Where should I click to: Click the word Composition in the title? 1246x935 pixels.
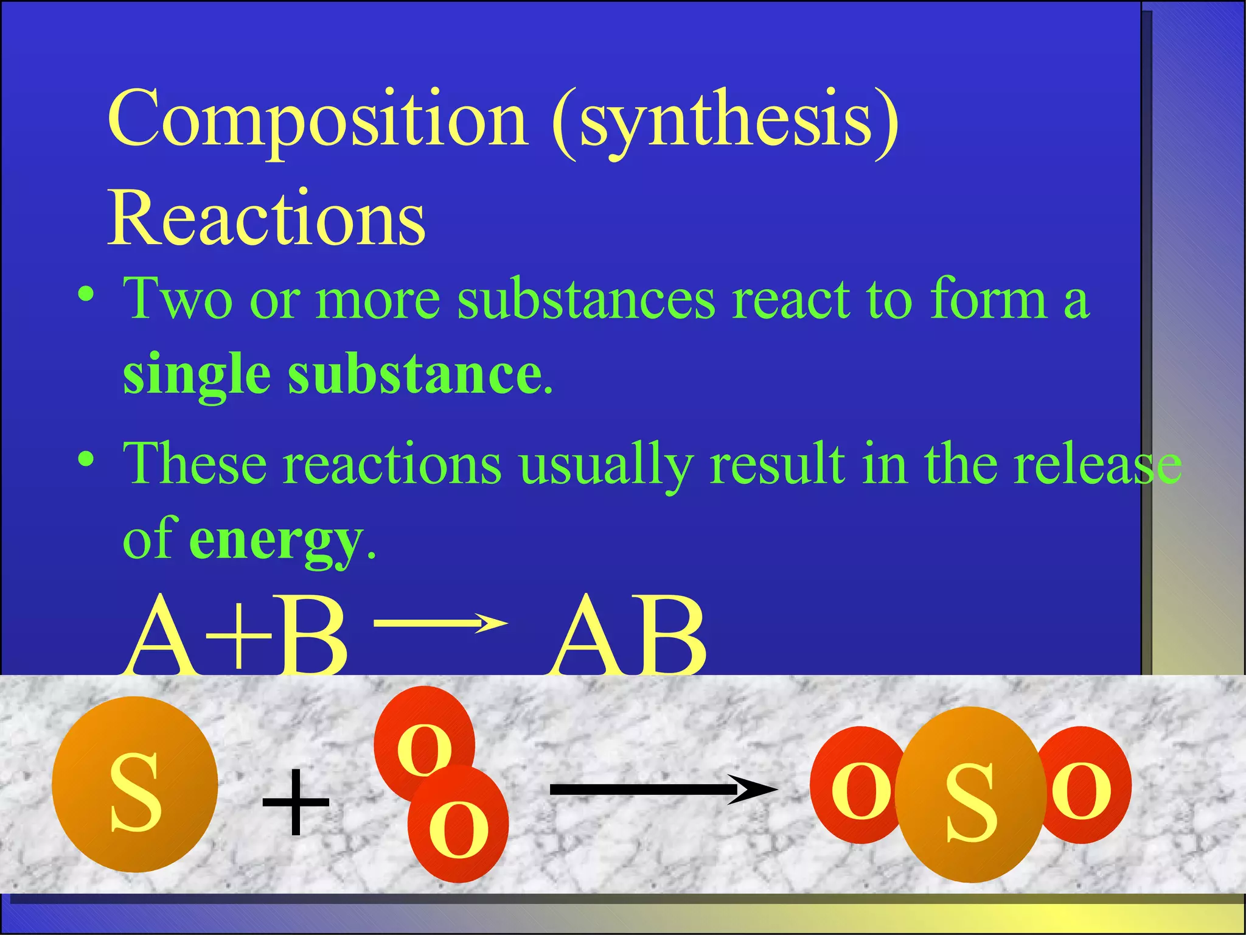point(317,120)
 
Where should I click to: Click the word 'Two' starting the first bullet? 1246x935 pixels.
point(177,299)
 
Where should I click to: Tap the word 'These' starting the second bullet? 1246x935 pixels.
point(195,464)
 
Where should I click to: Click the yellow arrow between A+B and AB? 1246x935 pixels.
point(440,623)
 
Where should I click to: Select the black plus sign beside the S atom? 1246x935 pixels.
point(296,801)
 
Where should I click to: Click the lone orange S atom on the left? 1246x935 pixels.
point(135,785)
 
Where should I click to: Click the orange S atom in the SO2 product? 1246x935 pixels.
point(970,794)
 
